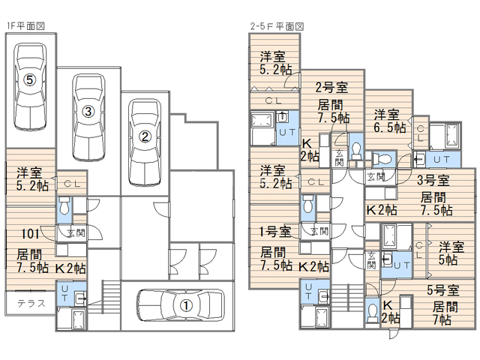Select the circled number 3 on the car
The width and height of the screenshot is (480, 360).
(x=88, y=112)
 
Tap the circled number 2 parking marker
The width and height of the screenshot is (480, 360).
(x=145, y=136)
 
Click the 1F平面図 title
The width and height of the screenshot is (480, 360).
(x=26, y=25)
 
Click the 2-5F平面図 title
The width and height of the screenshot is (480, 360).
(x=277, y=25)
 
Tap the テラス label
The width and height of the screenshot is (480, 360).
(x=31, y=304)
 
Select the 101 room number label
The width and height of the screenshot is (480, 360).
(x=21, y=232)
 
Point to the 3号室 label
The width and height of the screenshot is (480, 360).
(x=433, y=179)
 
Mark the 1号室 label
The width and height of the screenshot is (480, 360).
(x=274, y=230)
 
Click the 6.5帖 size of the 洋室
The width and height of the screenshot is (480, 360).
(x=390, y=128)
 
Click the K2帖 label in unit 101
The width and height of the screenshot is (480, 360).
(x=69, y=267)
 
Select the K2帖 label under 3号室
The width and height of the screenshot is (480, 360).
(x=381, y=210)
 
